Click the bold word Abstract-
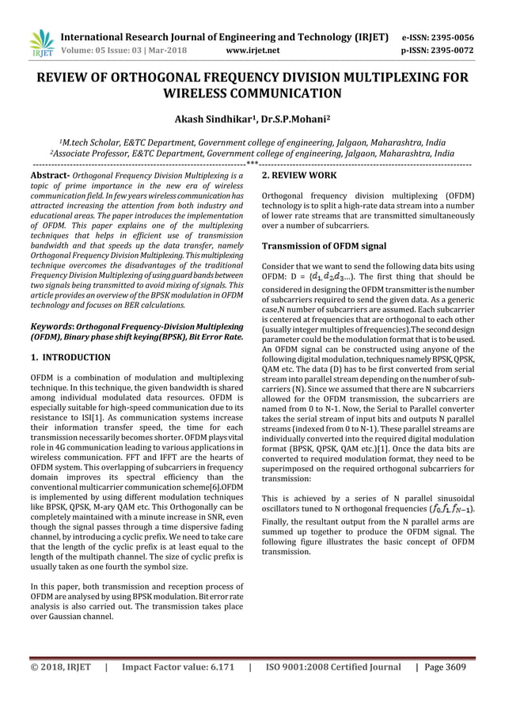click(51, 173)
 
